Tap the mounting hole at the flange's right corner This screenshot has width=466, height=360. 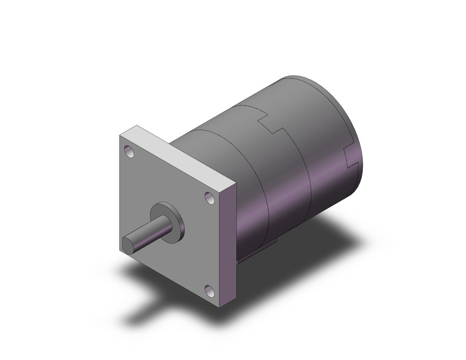click(x=209, y=197)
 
